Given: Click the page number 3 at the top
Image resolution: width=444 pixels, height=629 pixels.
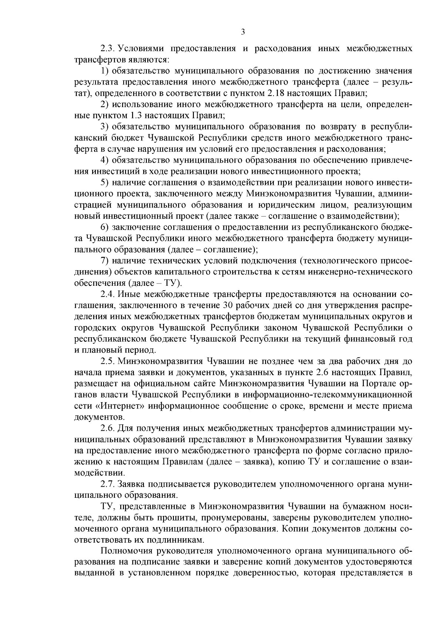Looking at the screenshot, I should [243, 32].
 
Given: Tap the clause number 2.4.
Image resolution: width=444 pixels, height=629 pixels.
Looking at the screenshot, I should [108, 294].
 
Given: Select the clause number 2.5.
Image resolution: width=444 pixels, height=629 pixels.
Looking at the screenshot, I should [108, 361].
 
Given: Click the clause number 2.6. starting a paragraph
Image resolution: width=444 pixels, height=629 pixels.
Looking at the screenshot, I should [108, 428].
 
